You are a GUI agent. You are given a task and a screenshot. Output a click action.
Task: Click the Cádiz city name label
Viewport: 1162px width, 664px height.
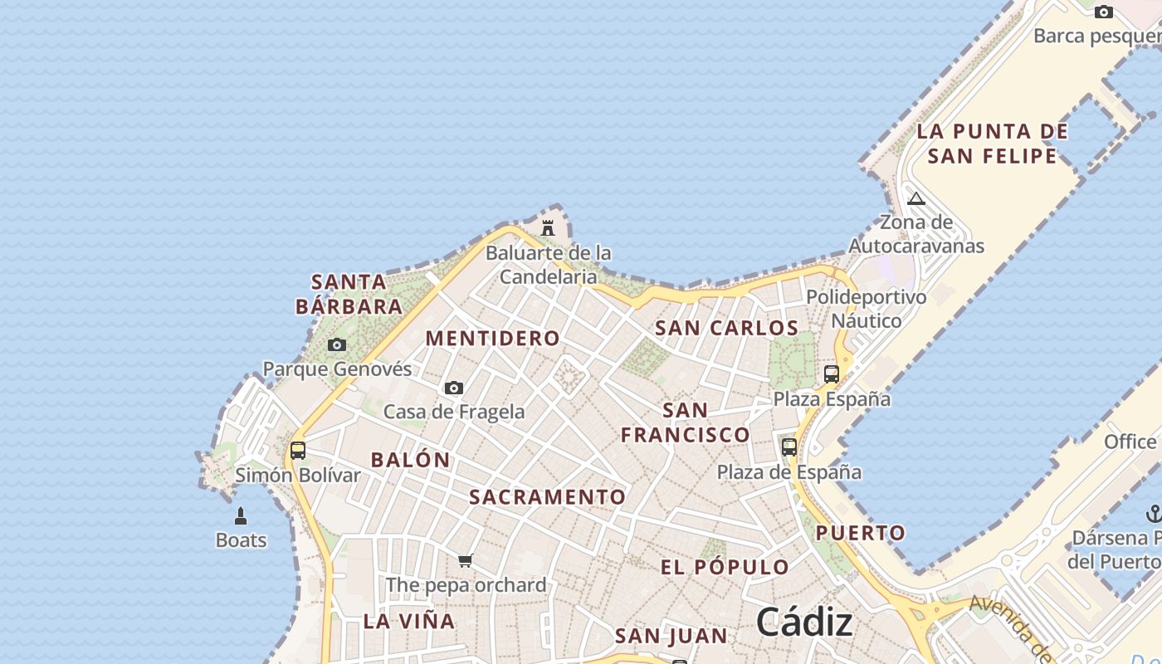tap(803, 622)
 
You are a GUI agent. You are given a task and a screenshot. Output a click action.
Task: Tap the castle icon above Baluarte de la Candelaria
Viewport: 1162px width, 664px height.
tap(548, 227)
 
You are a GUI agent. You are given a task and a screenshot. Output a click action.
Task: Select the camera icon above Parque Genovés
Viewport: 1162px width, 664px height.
tap(336, 344)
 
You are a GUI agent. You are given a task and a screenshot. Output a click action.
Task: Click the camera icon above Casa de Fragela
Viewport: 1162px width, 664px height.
tap(453, 388)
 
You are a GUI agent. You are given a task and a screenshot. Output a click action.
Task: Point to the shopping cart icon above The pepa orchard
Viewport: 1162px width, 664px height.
tap(465, 561)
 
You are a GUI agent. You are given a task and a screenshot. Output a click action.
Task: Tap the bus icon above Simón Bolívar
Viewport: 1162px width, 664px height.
tap(297, 451)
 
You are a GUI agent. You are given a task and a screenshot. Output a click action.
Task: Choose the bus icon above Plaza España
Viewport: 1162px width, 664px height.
tap(832, 374)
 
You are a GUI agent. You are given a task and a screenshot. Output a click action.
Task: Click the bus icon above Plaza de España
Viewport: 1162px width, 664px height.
tap(789, 447)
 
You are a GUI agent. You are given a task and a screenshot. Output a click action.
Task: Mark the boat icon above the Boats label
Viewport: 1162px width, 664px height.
tap(241, 516)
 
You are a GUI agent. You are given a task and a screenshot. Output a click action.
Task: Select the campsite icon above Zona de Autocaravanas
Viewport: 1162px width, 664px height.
tap(915, 198)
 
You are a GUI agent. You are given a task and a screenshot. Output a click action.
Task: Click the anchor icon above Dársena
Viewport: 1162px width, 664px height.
tap(1154, 514)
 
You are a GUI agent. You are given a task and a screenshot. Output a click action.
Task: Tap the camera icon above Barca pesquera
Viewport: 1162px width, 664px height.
tap(1103, 12)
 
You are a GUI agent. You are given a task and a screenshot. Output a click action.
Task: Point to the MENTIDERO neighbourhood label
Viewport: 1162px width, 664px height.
tap(493, 339)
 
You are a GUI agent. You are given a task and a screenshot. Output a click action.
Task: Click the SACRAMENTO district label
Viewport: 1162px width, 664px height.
tap(548, 497)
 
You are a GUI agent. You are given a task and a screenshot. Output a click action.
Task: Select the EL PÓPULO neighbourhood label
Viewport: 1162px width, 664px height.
tap(725, 568)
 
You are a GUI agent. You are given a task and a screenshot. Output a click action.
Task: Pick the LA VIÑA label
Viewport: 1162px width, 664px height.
tap(409, 621)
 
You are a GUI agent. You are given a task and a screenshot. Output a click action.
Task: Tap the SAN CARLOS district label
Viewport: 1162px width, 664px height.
tap(726, 328)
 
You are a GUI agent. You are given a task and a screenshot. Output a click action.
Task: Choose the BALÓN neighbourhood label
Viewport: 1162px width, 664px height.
tap(410, 460)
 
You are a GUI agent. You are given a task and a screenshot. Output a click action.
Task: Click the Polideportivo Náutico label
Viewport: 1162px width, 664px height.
tap(867, 309)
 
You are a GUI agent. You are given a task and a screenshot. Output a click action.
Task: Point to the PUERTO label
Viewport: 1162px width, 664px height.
tap(860, 533)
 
